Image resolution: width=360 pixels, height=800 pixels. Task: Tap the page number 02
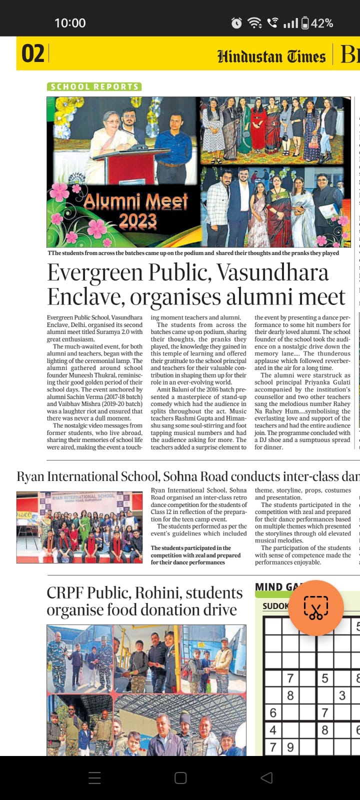(33, 53)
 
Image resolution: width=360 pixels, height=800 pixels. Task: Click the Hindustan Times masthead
(271, 56)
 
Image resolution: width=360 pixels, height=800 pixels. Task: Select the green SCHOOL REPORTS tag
(94, 86)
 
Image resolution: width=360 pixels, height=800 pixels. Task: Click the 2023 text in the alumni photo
(137, 220)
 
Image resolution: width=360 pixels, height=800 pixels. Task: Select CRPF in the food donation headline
(65, 593)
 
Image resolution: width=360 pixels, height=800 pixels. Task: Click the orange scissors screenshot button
(316, 608)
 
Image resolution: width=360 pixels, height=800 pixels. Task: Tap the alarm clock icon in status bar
(236, 23)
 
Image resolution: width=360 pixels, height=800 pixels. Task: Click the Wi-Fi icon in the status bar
(254, 23)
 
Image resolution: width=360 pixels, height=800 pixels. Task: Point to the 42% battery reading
(322, 23)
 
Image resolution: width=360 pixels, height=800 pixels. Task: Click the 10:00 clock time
(70, 23)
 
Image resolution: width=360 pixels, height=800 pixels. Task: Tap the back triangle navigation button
(267, 777)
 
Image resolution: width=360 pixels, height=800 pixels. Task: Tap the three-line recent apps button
(94, 777)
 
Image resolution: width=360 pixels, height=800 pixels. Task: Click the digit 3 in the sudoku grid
(342, 695)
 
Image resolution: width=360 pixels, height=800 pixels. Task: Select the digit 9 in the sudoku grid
(290, 747)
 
